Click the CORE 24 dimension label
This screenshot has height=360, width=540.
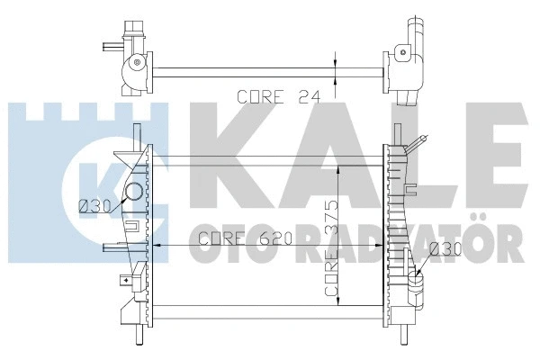(279, 97)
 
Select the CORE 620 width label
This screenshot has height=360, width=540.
(246, 238)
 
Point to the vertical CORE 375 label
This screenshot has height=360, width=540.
(331, 248)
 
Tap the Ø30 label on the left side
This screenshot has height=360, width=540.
(94, 207)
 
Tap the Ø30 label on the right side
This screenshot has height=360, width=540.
(445, 248)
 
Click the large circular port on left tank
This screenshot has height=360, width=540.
(133, 192)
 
